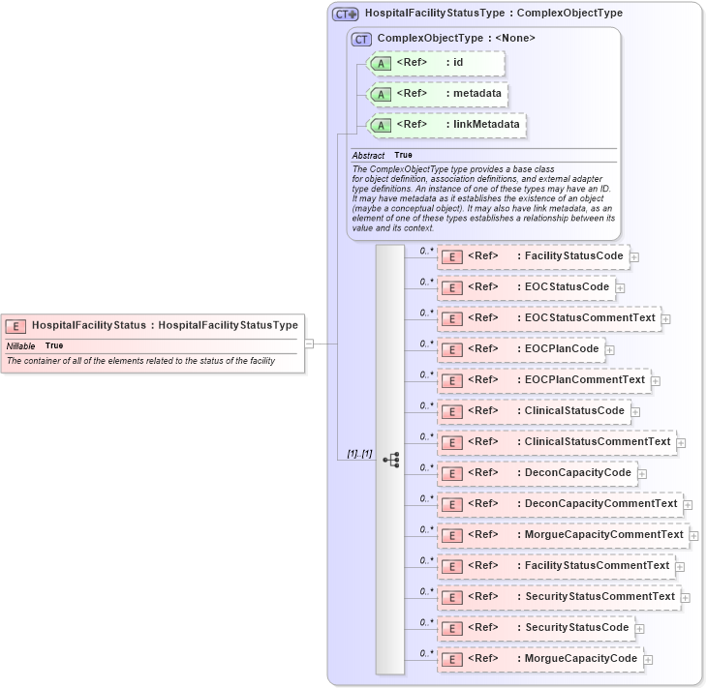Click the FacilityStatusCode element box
533,256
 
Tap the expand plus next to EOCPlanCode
610,349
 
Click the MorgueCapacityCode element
538,659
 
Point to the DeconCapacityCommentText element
559,504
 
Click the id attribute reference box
436,63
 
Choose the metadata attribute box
440,94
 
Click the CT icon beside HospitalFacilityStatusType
345,15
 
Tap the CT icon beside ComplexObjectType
361,39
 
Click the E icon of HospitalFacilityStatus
15,326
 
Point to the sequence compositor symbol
391,461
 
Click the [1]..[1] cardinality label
359,454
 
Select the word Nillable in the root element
20,345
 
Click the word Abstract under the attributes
368,155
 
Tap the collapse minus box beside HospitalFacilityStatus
309,343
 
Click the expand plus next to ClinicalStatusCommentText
681,442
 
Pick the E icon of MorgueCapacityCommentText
449,535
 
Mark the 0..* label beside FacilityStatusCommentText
426,560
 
